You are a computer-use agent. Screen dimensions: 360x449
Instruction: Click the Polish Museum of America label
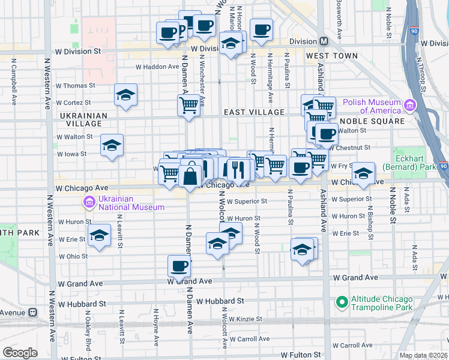pos(372,106)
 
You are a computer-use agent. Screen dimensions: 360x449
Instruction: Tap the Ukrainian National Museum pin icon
pos(89,202)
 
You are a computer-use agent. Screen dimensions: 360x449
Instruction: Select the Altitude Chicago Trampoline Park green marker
pos(342,302)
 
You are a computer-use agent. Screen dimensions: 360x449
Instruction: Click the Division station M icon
pos(324,41)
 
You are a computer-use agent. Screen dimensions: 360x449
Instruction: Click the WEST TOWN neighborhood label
pos(331,56)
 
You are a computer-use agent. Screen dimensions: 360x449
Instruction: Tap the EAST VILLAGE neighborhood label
pos(254,112)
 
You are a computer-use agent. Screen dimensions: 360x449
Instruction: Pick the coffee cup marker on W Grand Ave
pos(179,265)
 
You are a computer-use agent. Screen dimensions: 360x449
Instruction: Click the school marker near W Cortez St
pos(126,95)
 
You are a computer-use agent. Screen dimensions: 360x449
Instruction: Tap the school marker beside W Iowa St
pos(112,145)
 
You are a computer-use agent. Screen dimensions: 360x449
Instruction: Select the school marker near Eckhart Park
pos(363,173)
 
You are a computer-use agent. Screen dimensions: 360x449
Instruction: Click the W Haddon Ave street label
pos(157,67)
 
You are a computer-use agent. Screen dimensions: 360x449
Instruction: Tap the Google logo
pos(20,353)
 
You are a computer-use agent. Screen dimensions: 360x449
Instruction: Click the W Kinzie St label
pos(247,319)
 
